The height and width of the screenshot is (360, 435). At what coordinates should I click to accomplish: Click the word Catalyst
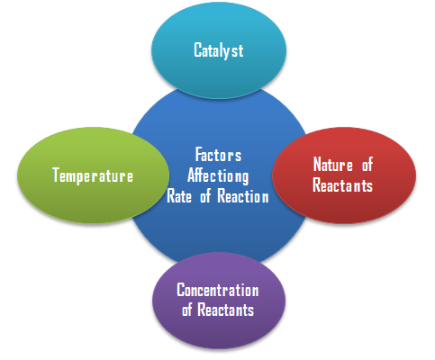219,50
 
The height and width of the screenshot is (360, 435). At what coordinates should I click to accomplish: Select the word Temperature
93,175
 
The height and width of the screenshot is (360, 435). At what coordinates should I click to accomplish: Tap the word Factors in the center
218,155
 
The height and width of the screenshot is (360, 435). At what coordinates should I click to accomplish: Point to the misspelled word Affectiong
218,176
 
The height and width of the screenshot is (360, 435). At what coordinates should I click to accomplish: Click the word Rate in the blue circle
179,196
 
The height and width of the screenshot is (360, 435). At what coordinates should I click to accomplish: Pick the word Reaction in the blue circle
243,196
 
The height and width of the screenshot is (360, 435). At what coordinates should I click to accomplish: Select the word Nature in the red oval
333,165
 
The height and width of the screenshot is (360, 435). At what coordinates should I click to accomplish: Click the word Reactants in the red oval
342,184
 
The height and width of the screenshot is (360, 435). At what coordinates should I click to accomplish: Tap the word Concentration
218,290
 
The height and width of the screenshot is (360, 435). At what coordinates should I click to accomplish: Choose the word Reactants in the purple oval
226,310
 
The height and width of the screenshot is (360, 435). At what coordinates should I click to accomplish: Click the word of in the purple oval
186,310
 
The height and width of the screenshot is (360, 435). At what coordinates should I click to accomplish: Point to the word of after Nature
367,165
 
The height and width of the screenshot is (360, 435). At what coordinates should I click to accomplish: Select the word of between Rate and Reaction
205,196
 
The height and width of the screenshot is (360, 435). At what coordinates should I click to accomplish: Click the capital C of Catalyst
197,49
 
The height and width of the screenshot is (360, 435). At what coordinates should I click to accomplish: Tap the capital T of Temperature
57,175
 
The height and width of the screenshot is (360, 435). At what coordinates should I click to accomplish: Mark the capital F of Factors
199,154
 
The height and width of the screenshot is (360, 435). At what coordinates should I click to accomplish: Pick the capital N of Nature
318,165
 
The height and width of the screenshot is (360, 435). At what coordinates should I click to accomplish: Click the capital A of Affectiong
192,175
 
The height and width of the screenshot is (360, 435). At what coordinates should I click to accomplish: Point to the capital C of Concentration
181,290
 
